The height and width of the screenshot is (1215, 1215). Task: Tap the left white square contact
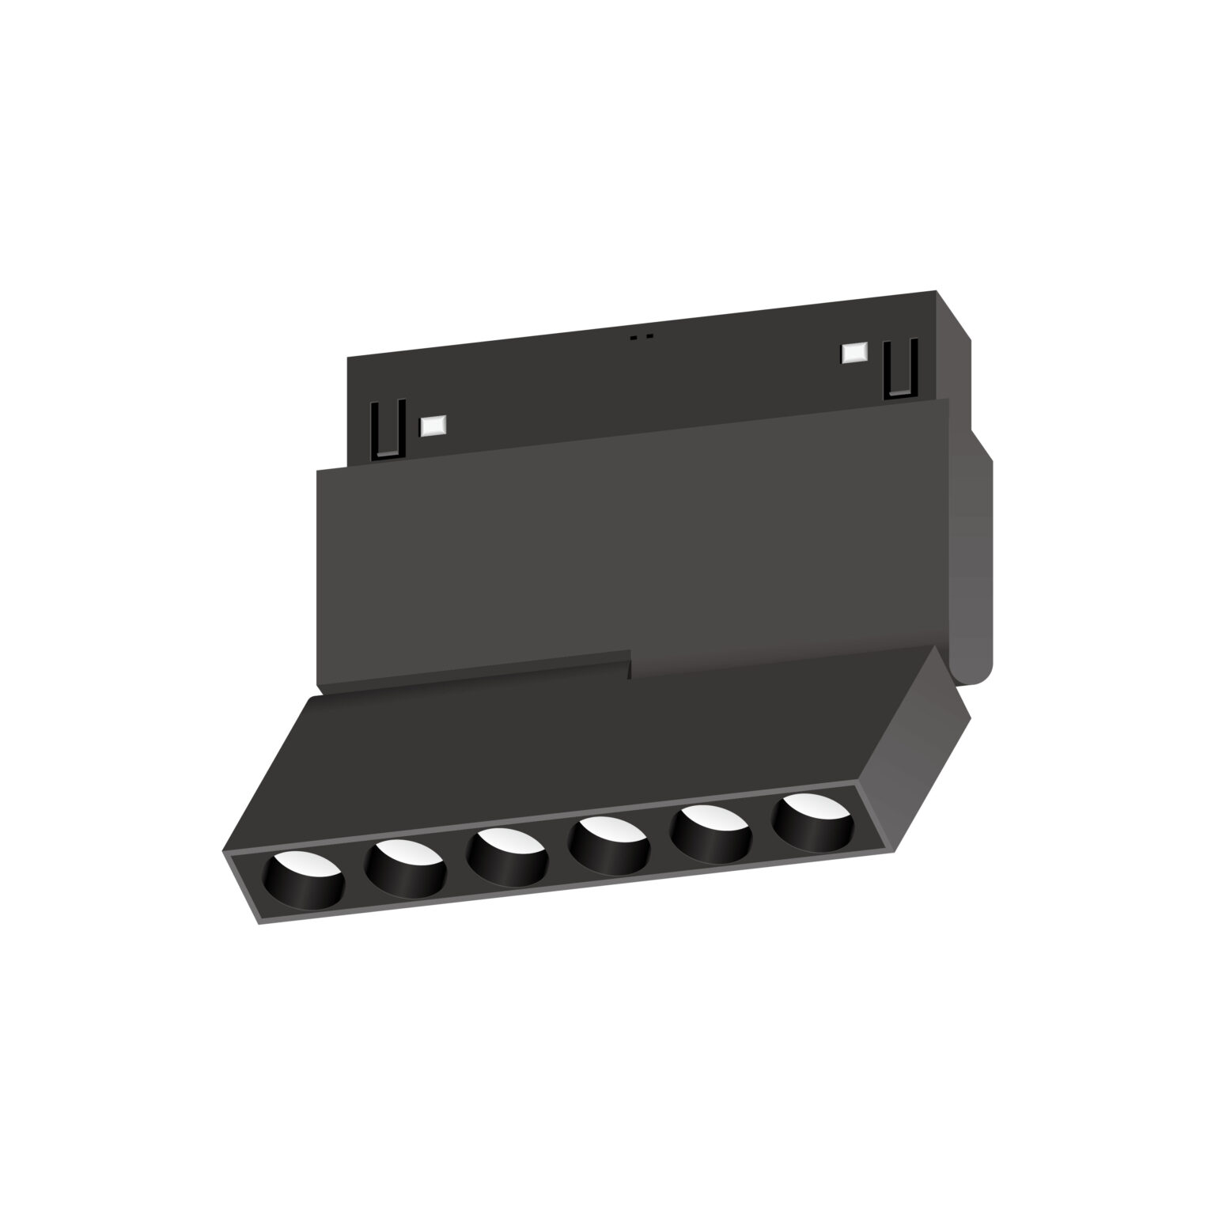click(433, 426)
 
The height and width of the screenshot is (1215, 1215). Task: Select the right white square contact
click(855, 353)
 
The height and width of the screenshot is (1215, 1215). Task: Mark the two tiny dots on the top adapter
click(641, 336)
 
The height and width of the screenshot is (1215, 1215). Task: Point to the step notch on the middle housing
click(630, 664)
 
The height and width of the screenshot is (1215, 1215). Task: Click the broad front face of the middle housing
click(633, 546)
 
